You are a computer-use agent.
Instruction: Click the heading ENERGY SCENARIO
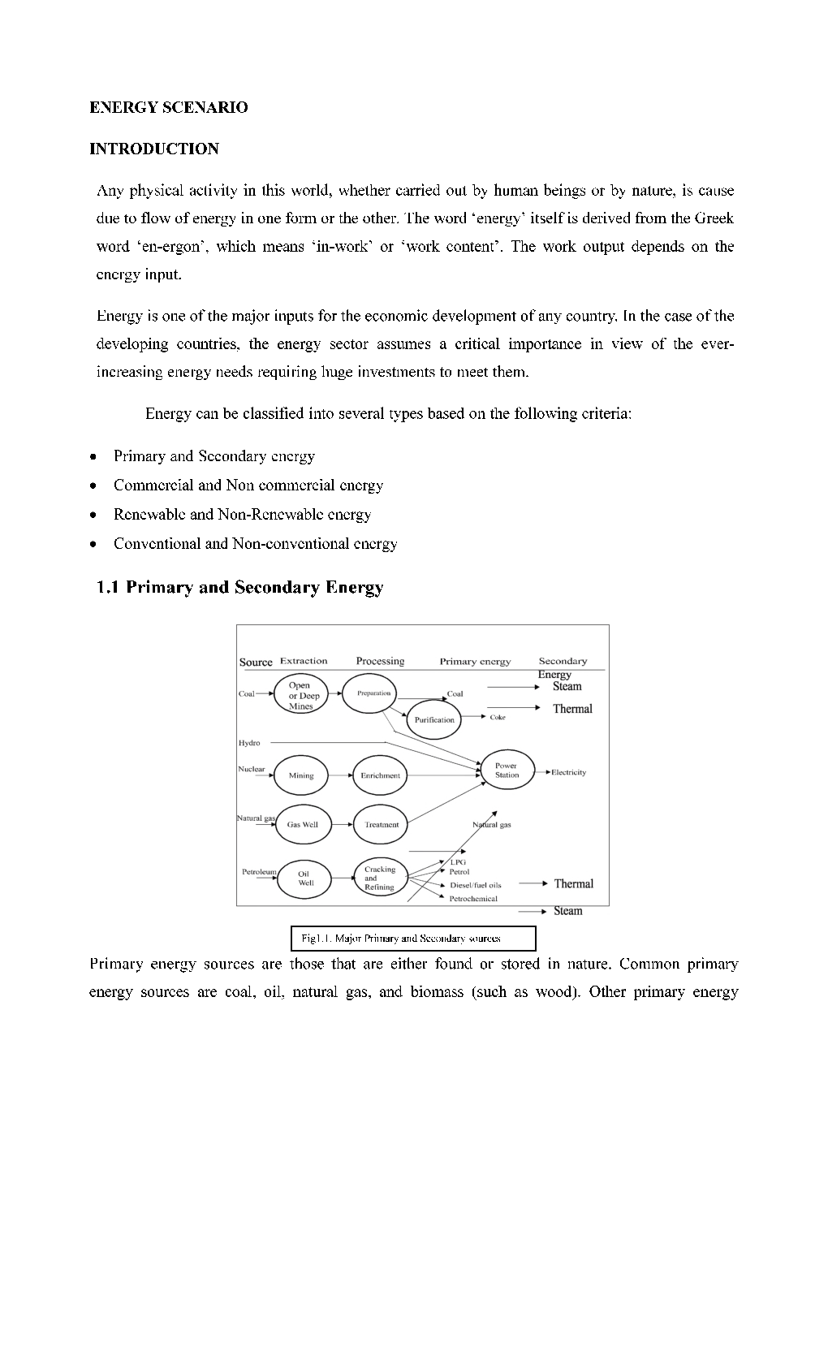[168, 107]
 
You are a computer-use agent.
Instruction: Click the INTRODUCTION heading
[153, 149]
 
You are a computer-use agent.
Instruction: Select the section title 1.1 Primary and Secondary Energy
[239, 587]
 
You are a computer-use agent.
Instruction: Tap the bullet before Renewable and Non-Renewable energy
[95, 515]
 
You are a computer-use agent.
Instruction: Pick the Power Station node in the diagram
[507, 770]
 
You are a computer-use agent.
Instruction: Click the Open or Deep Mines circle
[300, 696]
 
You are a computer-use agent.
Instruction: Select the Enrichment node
[380, 775]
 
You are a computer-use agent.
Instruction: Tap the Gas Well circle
[303, 824]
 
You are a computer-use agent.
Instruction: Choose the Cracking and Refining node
[379, 878]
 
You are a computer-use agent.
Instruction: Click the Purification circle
[434, 719]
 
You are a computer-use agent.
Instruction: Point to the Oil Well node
[304, 878]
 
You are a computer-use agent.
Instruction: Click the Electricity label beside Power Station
[568, 772]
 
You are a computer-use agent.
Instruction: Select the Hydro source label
[249, 743]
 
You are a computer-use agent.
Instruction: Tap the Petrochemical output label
[473, 899]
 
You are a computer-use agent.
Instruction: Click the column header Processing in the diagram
[380, 661]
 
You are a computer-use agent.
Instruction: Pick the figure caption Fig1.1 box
[413, 939]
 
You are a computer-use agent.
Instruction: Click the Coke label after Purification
[498, 717]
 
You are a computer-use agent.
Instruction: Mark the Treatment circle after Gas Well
[381, 824]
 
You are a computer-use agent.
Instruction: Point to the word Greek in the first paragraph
[714, 218]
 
